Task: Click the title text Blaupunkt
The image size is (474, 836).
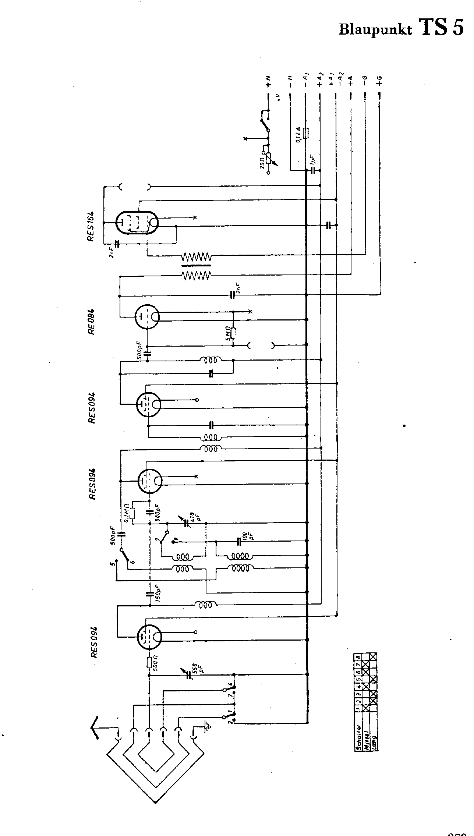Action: (x=375, y=30)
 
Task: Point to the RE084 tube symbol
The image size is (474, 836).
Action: (x=147, y=316)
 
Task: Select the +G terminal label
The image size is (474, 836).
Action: (x=379, y=81)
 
